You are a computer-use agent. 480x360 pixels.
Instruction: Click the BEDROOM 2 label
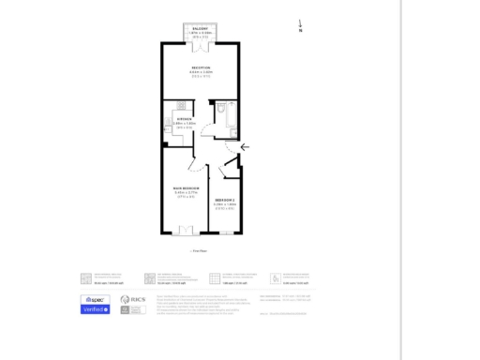pos(225,201)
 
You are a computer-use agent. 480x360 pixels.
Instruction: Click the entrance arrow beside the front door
pos(246,146)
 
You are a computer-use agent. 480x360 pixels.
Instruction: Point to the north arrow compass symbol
pos(300,26)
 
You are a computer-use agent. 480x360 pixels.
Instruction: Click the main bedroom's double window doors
pos(184,231)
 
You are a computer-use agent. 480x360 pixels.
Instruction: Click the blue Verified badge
pos(96,308)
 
